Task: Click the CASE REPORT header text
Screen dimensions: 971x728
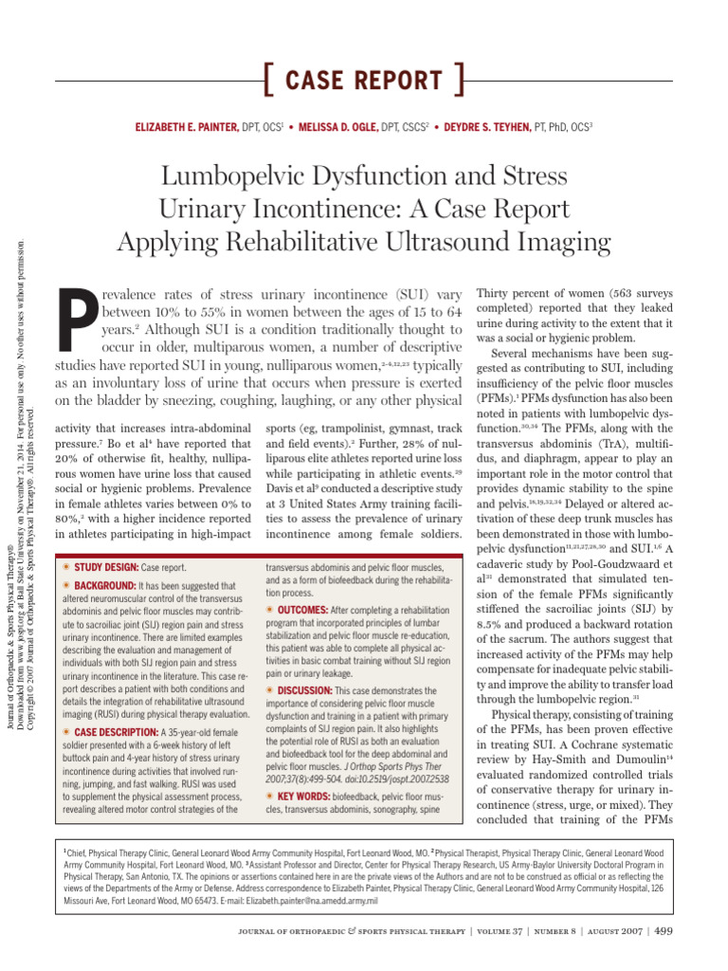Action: coord(363,81)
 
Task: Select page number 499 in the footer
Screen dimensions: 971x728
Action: coord(663,930)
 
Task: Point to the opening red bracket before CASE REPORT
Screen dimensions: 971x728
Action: coord(266,81)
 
